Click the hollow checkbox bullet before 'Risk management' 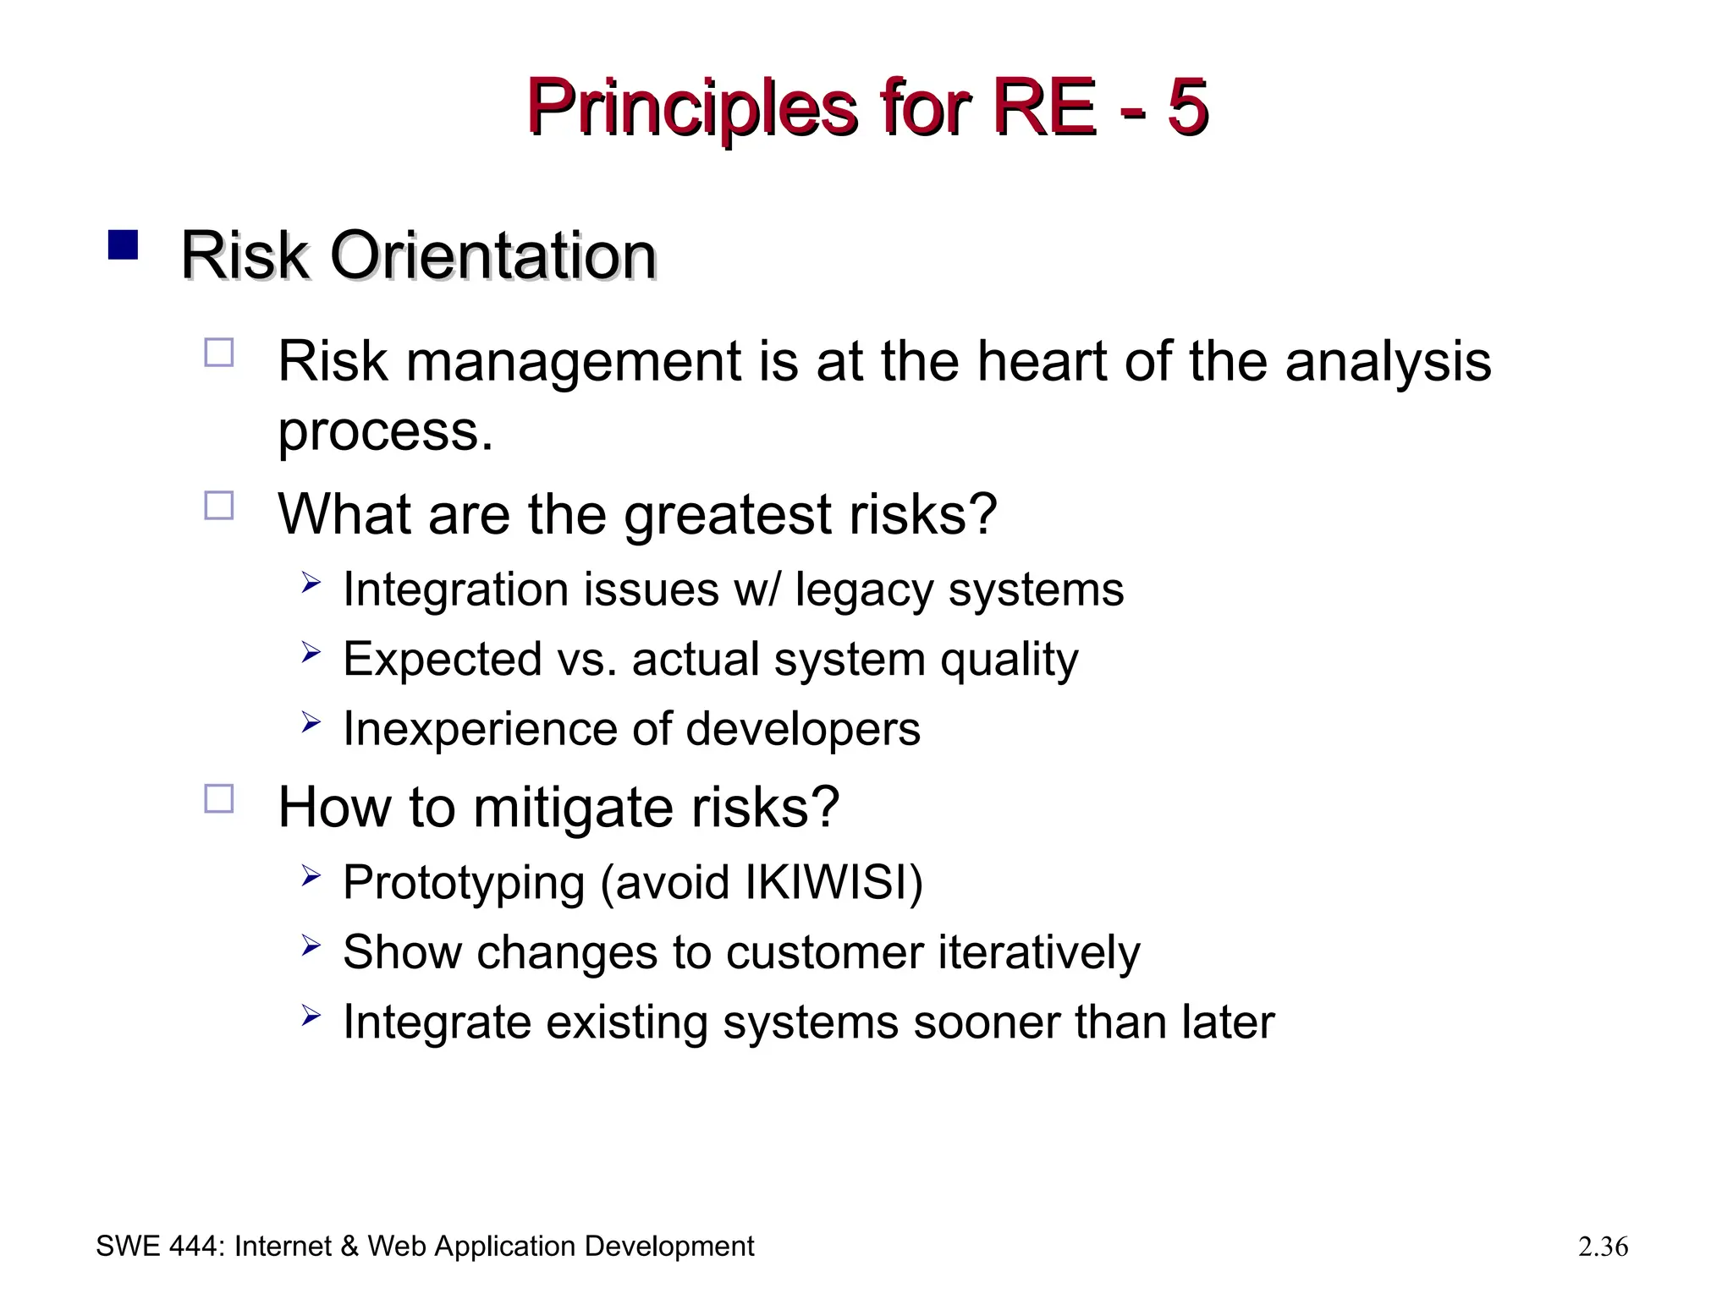pyautogui.click(x=219, y=352)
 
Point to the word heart pyautogui.click(x=1040, y=361)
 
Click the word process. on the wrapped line pyautogui.click(x=385, y=432)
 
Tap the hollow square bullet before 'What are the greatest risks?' pyautogui.click(x=219, y=506)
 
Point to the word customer pyautogui.click(x=823, y=953)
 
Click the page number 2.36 pyautogui.click(x=1603, y=1247)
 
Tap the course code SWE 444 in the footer pyautogui.click(x=158, y=1247)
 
